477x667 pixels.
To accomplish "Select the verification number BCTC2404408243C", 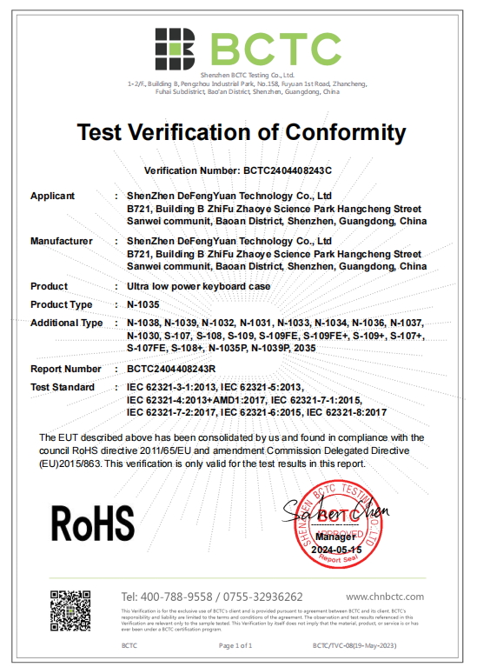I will click(286, 171).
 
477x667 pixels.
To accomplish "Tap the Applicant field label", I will click(52, 196).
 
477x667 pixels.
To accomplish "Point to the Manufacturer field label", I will click(62, 240).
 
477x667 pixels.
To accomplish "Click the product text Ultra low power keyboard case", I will click(198, 286).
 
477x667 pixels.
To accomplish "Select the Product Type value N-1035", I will click(143, 304).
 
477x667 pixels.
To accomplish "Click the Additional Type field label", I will click(67, 323).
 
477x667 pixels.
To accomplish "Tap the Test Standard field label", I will click(63, 387).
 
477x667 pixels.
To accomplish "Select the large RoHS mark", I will click(94, 523).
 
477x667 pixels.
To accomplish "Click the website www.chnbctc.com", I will click(384, 597).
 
